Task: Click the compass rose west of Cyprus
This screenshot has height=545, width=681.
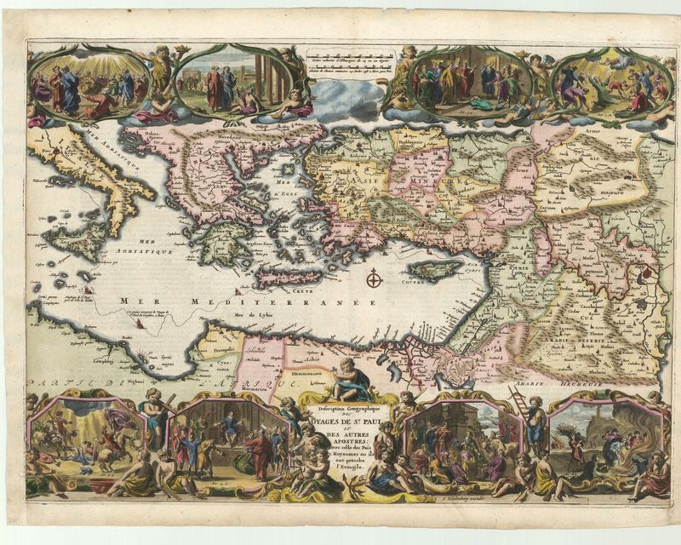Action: point(373,278)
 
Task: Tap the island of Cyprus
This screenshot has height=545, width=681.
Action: point(432,271)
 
